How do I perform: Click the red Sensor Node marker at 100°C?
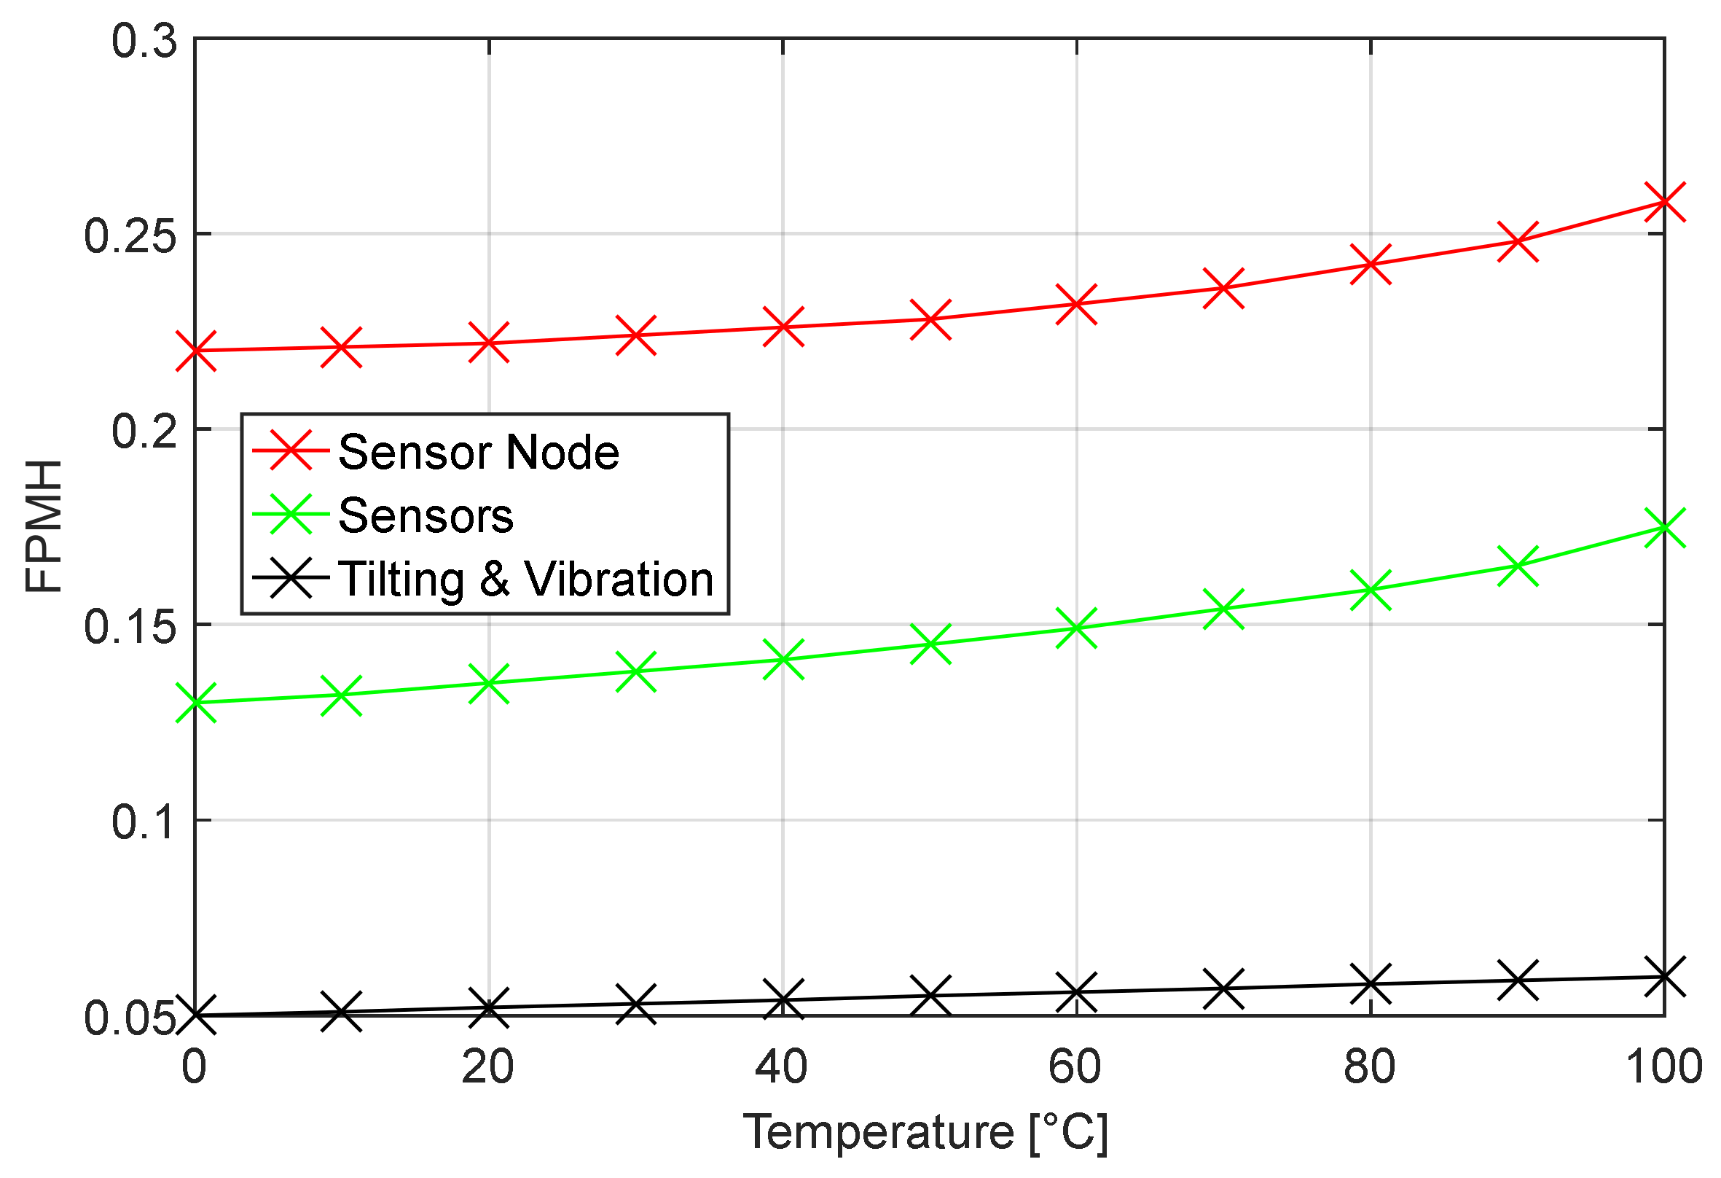[x=1664, y=201]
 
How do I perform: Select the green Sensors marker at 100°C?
[x=1664, y=528]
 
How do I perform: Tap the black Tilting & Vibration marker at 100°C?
[x=1664, y=976]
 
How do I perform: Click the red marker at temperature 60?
[x=1076, y=304]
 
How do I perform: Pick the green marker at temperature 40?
[x=783, y=659]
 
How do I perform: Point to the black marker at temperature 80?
[x=1370, y=984]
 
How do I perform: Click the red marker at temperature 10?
[x=342, y=347]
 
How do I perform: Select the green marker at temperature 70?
[x=1223, y=609]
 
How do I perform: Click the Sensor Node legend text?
[x=479, y=452]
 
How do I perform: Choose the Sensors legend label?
[x=426, y=515]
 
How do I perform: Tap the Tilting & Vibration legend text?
[x=525, y=579]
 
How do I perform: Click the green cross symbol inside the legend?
[x=290, y=514]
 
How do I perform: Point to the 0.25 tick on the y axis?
[x=130, y=236]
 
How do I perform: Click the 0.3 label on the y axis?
[x=145, y=41]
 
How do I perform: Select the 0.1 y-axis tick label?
[x=145, y=822]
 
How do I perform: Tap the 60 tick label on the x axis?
[x=1075, y=1068]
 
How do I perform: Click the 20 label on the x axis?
[x=487, y=1068]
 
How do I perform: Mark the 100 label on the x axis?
[x=1663, y=1068]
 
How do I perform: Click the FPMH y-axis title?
[x=44, y=526]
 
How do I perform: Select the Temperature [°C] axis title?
[x=925, y=1133]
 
